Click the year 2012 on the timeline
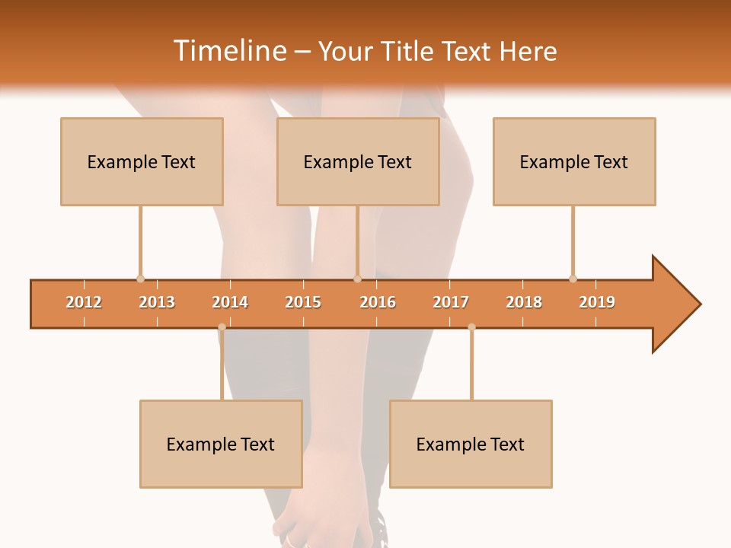point(84,302)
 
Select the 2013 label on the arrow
point(157,302)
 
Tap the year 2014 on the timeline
point(230,302)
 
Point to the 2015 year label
point(303,302)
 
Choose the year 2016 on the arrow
point(378,302)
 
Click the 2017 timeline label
point(451,302)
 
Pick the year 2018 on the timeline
point(524,302)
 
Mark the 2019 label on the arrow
point(597,302)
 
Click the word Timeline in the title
point(228,51)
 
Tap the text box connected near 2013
point(142,161)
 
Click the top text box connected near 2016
point(358,161)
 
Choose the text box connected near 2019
point(574,161)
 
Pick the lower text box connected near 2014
point(221,444)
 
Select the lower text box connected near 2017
point(471,444)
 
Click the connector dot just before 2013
point(140,279)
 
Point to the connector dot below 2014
point(222,327)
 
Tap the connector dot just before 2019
point(573,279)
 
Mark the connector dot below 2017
point(471,327)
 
